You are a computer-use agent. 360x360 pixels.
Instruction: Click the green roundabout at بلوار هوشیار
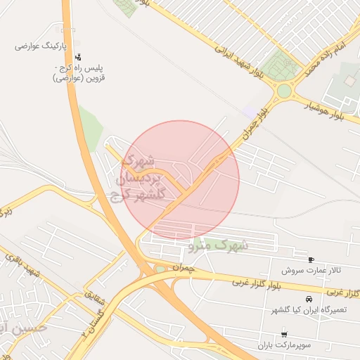point(283,91)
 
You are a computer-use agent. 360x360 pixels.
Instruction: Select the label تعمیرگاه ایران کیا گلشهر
point(309,310)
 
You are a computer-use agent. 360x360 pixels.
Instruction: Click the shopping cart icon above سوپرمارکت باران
point(283,335)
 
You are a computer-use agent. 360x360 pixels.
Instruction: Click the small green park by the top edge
point(127,7)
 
